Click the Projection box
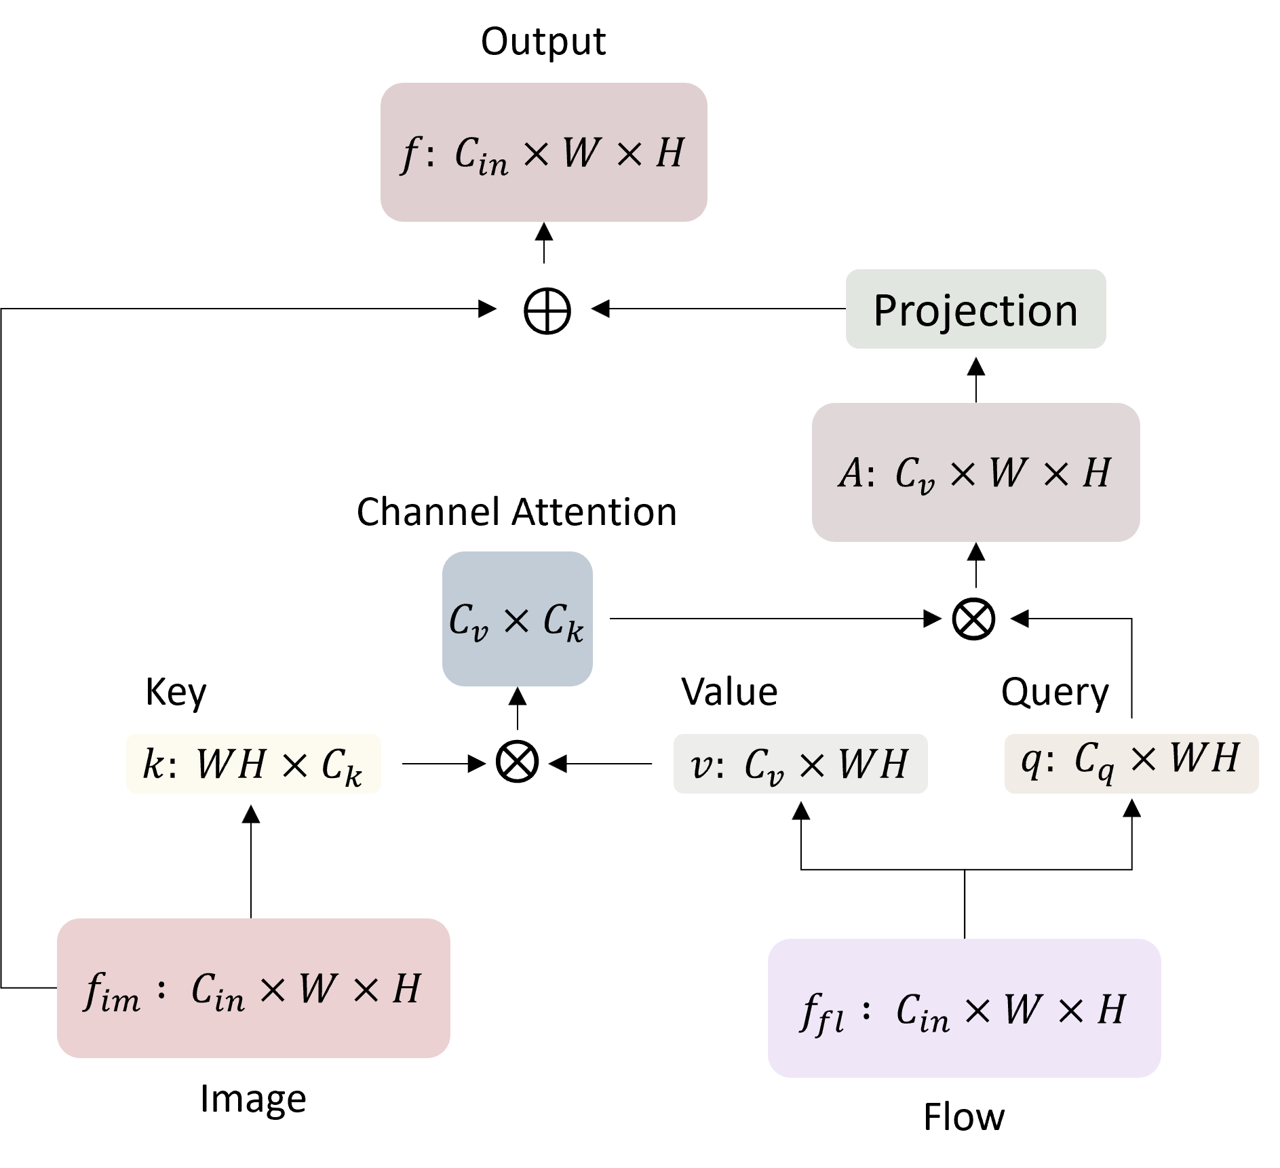click(x=975, y=309)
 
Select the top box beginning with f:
click(x=543, y=153)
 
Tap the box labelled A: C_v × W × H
click(x=975, y=473)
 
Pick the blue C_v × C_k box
click(x=517, y=619)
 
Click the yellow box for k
click(x=253, y=764)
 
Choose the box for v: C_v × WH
click(x=800, y=764)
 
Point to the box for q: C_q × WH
click(x=1131, y=763)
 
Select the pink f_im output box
click(x=253, y=988)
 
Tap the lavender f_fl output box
click(x=964, y=1009)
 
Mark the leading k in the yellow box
click(x=153, y=764)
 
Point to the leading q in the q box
click(x=1030, y=760)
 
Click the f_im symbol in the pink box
click(x=111, y=992)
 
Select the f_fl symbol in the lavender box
click(x=821, y=1013)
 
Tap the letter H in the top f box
click(x=670, y=153)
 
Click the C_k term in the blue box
click(x=562, y=622)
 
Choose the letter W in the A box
click(x=1007, y=473)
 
